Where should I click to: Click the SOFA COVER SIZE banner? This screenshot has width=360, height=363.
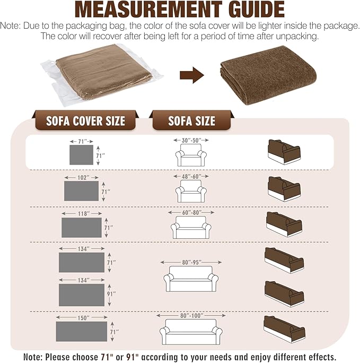(85, 120)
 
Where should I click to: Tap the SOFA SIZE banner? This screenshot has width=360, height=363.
(191, 120)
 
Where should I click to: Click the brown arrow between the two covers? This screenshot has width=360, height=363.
(192, 75)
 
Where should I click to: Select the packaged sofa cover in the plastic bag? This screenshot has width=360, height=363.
(102, 74)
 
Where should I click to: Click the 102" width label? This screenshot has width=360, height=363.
(82, 178)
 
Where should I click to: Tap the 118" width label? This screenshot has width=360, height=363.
(82, 213)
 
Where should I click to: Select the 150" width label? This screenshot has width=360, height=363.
(82, 317)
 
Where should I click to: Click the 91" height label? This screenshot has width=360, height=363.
(111, 294)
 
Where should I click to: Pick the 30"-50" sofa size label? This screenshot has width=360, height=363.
(191, 140)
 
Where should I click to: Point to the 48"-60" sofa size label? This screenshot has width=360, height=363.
(191, 176)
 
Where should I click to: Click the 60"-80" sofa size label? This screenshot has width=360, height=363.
(191, 212)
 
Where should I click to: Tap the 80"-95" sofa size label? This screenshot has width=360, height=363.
(191, 262)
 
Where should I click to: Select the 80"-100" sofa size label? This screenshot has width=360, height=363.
(191, 316)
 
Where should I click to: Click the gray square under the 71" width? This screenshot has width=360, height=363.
(82, 155)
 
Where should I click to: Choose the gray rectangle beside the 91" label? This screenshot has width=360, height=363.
(82, 295)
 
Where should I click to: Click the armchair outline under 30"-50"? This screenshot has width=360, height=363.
(191, 155)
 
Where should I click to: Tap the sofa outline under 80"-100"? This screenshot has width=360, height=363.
(191, 332)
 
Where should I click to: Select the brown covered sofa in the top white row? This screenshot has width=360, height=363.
(284, 152)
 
